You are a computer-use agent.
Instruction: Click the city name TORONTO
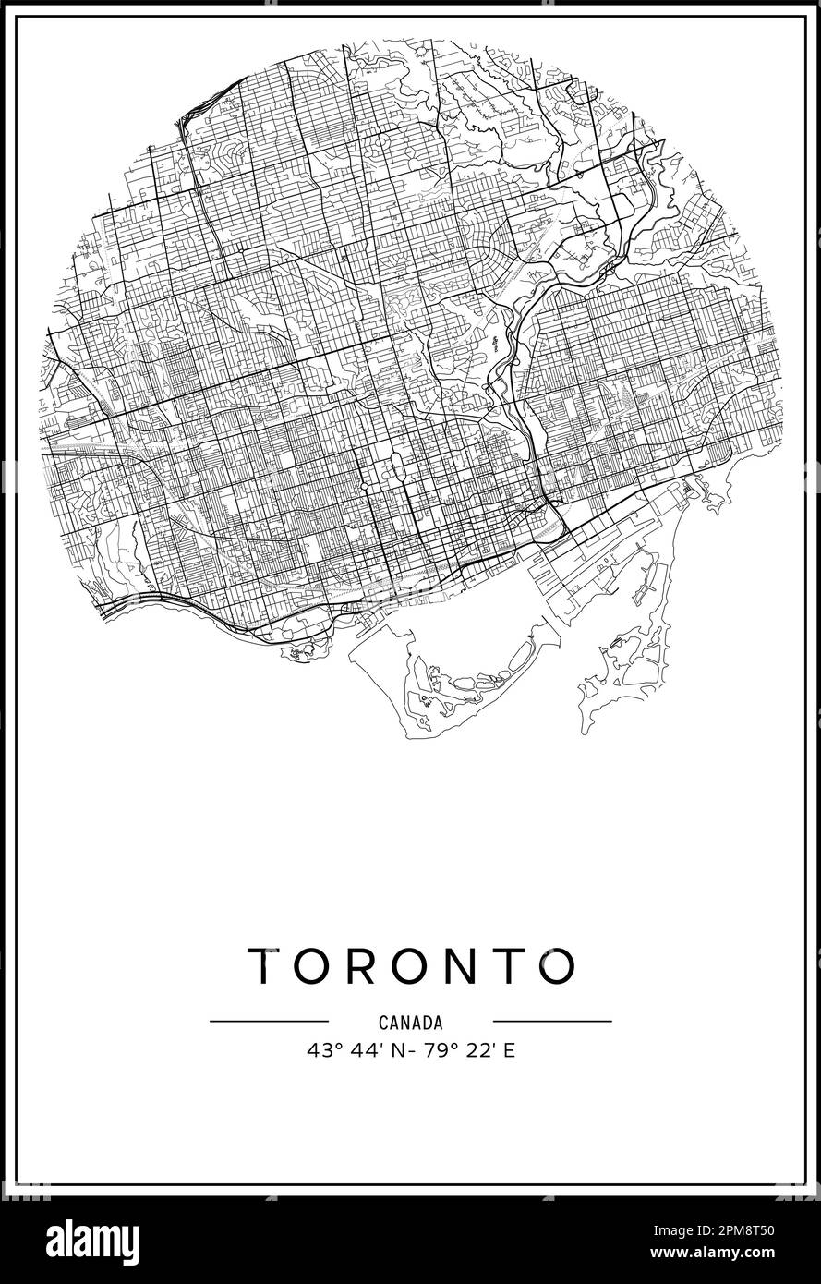411,966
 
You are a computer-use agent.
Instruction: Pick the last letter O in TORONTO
557,966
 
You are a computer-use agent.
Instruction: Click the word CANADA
411,1023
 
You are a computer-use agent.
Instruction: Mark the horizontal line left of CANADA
269,1021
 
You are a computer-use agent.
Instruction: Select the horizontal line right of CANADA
552,1021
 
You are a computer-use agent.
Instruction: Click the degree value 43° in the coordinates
320,1050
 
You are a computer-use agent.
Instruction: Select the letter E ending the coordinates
508,1050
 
